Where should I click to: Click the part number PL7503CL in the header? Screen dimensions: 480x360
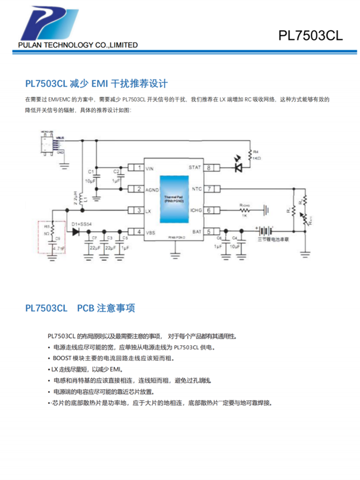click(x=311, y=36)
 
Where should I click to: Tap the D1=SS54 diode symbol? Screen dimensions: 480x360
click(x=76, y=232)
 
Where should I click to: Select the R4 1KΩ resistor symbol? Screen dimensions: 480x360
click(x=250, y=156)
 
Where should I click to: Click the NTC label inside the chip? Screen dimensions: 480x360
click(x=196, y=189)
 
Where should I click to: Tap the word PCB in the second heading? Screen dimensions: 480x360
click(x=85, y=308)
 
